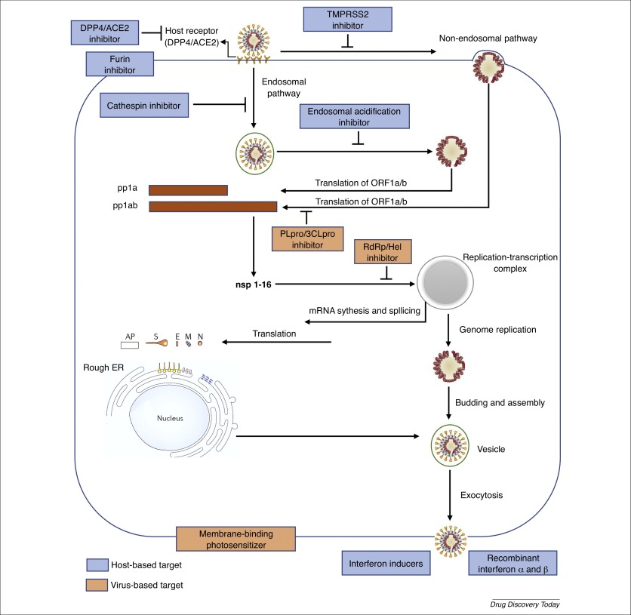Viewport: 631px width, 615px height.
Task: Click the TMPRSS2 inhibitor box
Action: click(x=347, y=20)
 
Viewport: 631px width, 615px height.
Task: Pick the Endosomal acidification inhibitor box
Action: click(x=355, y=117)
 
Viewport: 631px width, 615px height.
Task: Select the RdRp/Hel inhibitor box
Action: click(x=383, y=252)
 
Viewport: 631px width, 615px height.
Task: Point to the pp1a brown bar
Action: click(x=188, y=190)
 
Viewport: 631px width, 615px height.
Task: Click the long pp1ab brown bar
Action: click(x=212, y=206)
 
